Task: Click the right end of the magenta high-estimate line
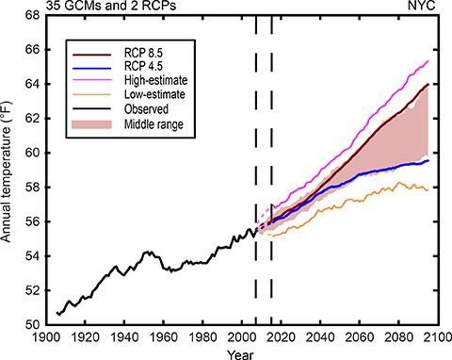click(x=429, y=60)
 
